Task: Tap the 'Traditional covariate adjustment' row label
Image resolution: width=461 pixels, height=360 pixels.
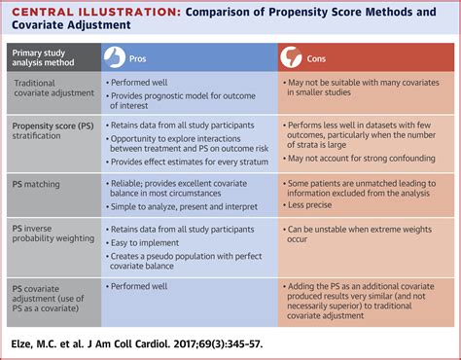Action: pos(53,92)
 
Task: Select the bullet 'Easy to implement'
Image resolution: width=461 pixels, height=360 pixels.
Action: pos(152,242)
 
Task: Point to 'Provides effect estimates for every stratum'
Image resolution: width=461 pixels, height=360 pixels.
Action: pos(191,160)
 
